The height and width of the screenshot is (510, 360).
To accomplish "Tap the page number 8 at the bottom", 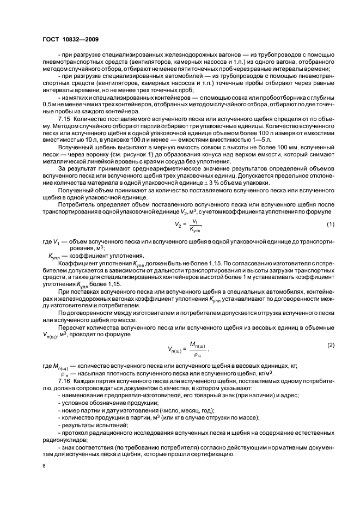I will (44, 466).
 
